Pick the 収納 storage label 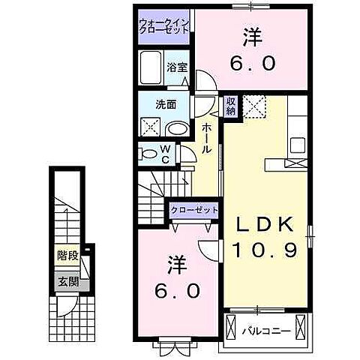point(232,104)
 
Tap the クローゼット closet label point(194,211)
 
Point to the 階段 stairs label point(68,256)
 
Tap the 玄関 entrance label point(68,282)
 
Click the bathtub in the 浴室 point(151,68)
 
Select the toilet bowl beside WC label point(148,154)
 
